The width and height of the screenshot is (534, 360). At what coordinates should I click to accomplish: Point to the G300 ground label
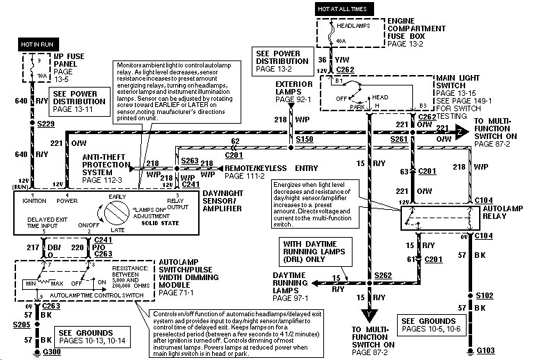[53, 352]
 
